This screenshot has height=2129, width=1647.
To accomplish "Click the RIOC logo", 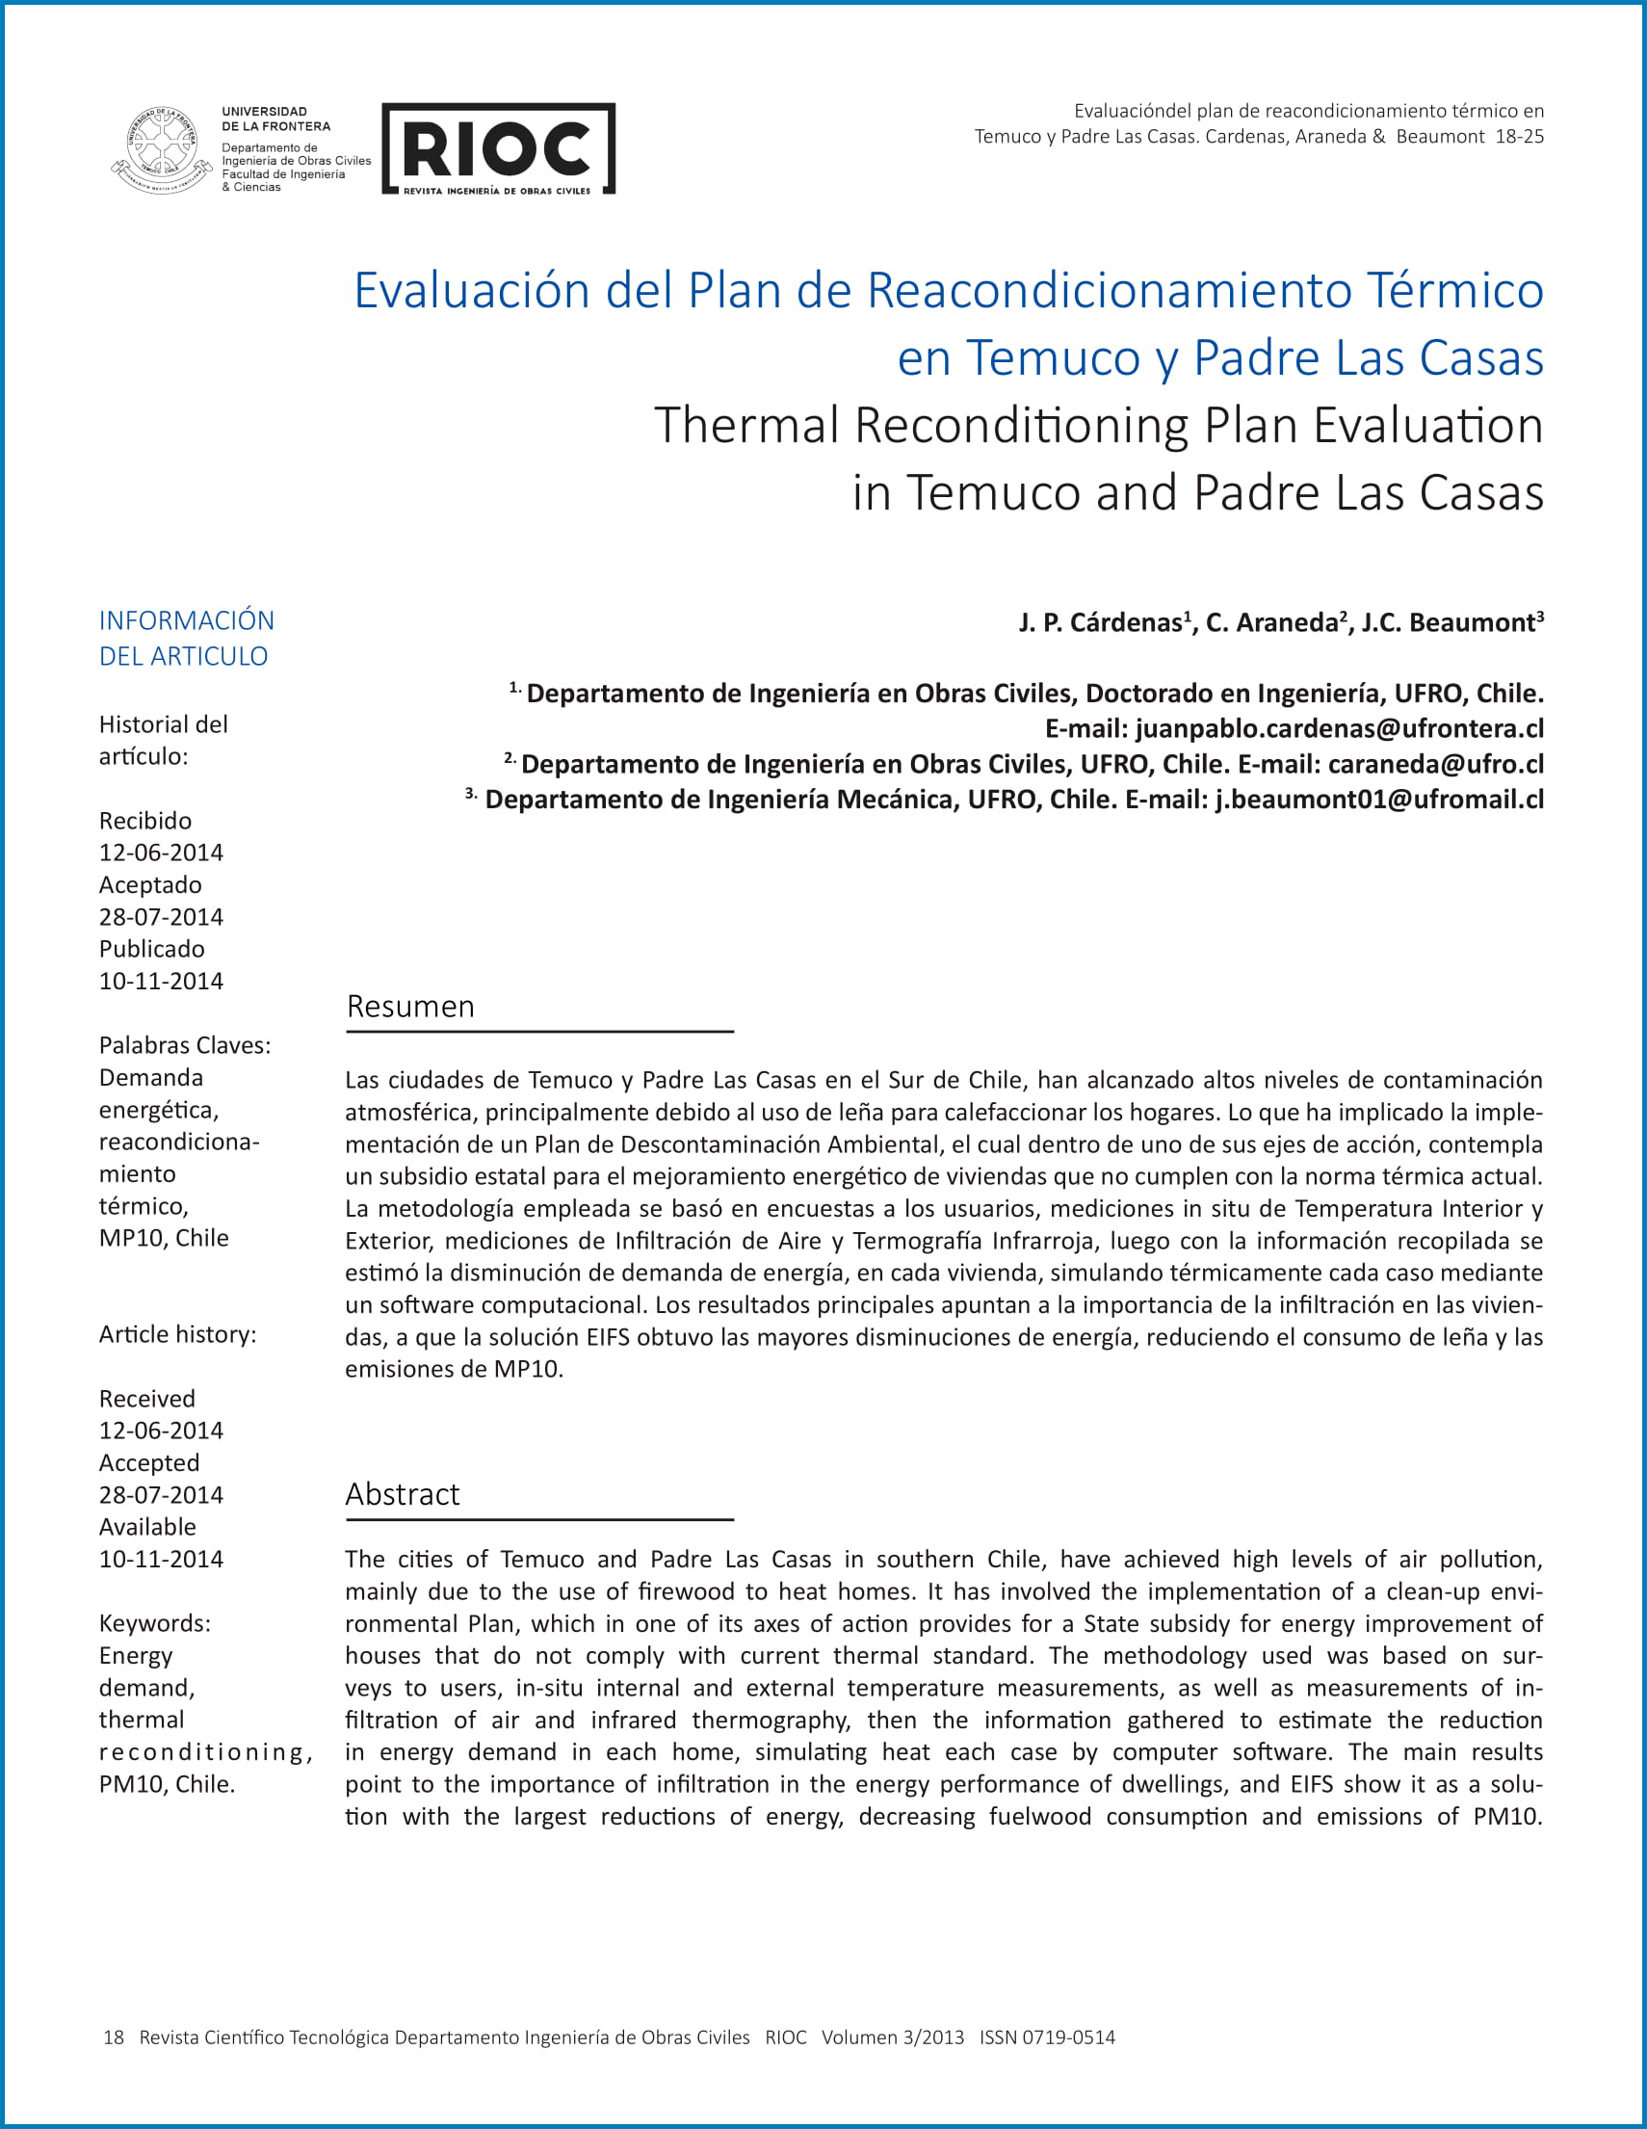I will tap(498, 148).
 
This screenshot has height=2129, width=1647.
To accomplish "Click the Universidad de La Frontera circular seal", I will tap(161, 149).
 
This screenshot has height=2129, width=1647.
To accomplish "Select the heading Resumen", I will tap(410, 1006).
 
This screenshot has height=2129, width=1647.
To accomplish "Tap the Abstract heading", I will tap(402, 1493).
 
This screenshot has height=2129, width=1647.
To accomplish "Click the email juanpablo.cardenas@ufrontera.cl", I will tap(1339, 728).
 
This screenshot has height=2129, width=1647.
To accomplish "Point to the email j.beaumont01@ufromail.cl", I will tap(1379, 799).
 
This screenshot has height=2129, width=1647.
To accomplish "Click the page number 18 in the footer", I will tap(113, 2037).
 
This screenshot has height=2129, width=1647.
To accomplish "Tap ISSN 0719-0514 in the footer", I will tap(1047, 2037).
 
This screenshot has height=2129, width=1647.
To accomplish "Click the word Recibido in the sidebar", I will tap(145, 820).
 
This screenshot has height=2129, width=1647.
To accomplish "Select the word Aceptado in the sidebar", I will tap(150, 884).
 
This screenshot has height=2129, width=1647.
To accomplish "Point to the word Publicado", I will tap(152, 949).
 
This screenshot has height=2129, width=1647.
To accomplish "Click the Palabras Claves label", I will tap(185, 1045).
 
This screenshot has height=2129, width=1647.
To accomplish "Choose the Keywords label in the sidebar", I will tap(154, 1623).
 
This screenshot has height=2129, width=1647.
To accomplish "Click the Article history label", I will tap(177, 1333).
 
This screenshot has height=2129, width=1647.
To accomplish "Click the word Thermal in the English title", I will tap(746, 425).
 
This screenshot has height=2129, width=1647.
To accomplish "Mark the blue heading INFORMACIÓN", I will tap(186, 620).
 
